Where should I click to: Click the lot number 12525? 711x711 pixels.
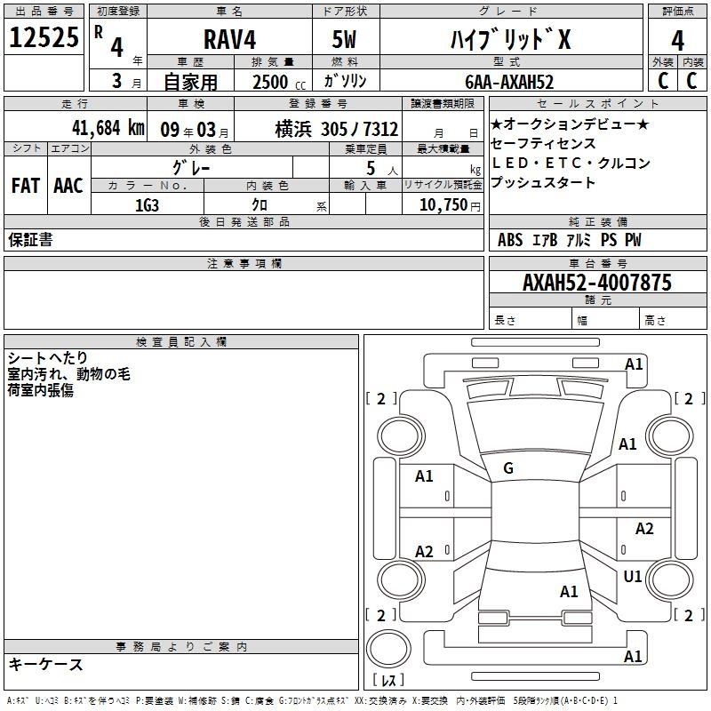(x=44, y=37)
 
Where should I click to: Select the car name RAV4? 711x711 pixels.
(x=230, y=39)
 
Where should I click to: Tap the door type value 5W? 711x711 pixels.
(x=345, y=39)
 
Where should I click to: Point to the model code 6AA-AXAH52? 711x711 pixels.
(x=509, y=82)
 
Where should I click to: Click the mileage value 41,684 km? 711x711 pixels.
(x=108, y=128)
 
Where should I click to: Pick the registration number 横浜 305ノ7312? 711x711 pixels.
(x=337, y=130)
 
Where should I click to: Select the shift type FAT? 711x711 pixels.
(x=26, y=186)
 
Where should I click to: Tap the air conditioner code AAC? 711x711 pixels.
(x=68, y=186)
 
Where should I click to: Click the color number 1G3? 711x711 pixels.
(x=147, y=205)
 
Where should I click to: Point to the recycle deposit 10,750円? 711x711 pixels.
(x=450, y=205)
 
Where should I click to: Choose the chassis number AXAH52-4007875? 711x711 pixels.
(x=597, y=283)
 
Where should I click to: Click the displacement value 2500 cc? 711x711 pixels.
(x=279, y=83)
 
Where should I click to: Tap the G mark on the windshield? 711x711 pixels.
(x=508, y=468)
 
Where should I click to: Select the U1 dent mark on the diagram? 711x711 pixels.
(x=633, y=576)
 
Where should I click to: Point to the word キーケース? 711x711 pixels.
(x=46, y=665)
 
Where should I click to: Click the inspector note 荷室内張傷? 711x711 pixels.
(x=41, y=390)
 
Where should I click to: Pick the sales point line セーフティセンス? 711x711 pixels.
(x=543, y=144)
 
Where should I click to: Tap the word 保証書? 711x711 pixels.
(x=30, y=240)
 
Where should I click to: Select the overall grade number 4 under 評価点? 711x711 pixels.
(x=677, y=41)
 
